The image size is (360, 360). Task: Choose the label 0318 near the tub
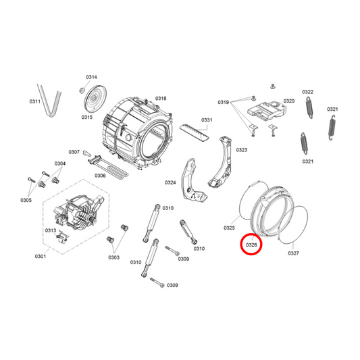[161, 99]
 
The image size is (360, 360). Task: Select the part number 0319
[224, 102]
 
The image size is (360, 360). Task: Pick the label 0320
[288, 101]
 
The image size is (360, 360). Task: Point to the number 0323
[241, 150]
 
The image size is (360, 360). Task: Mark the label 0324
[170, 182]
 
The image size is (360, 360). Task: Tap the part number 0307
[74, 152]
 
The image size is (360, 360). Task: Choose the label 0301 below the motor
[41, 256]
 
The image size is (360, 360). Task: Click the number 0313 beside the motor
[50, 230]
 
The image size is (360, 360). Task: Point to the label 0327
[293, 253]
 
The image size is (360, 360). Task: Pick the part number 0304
[60, 163]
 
